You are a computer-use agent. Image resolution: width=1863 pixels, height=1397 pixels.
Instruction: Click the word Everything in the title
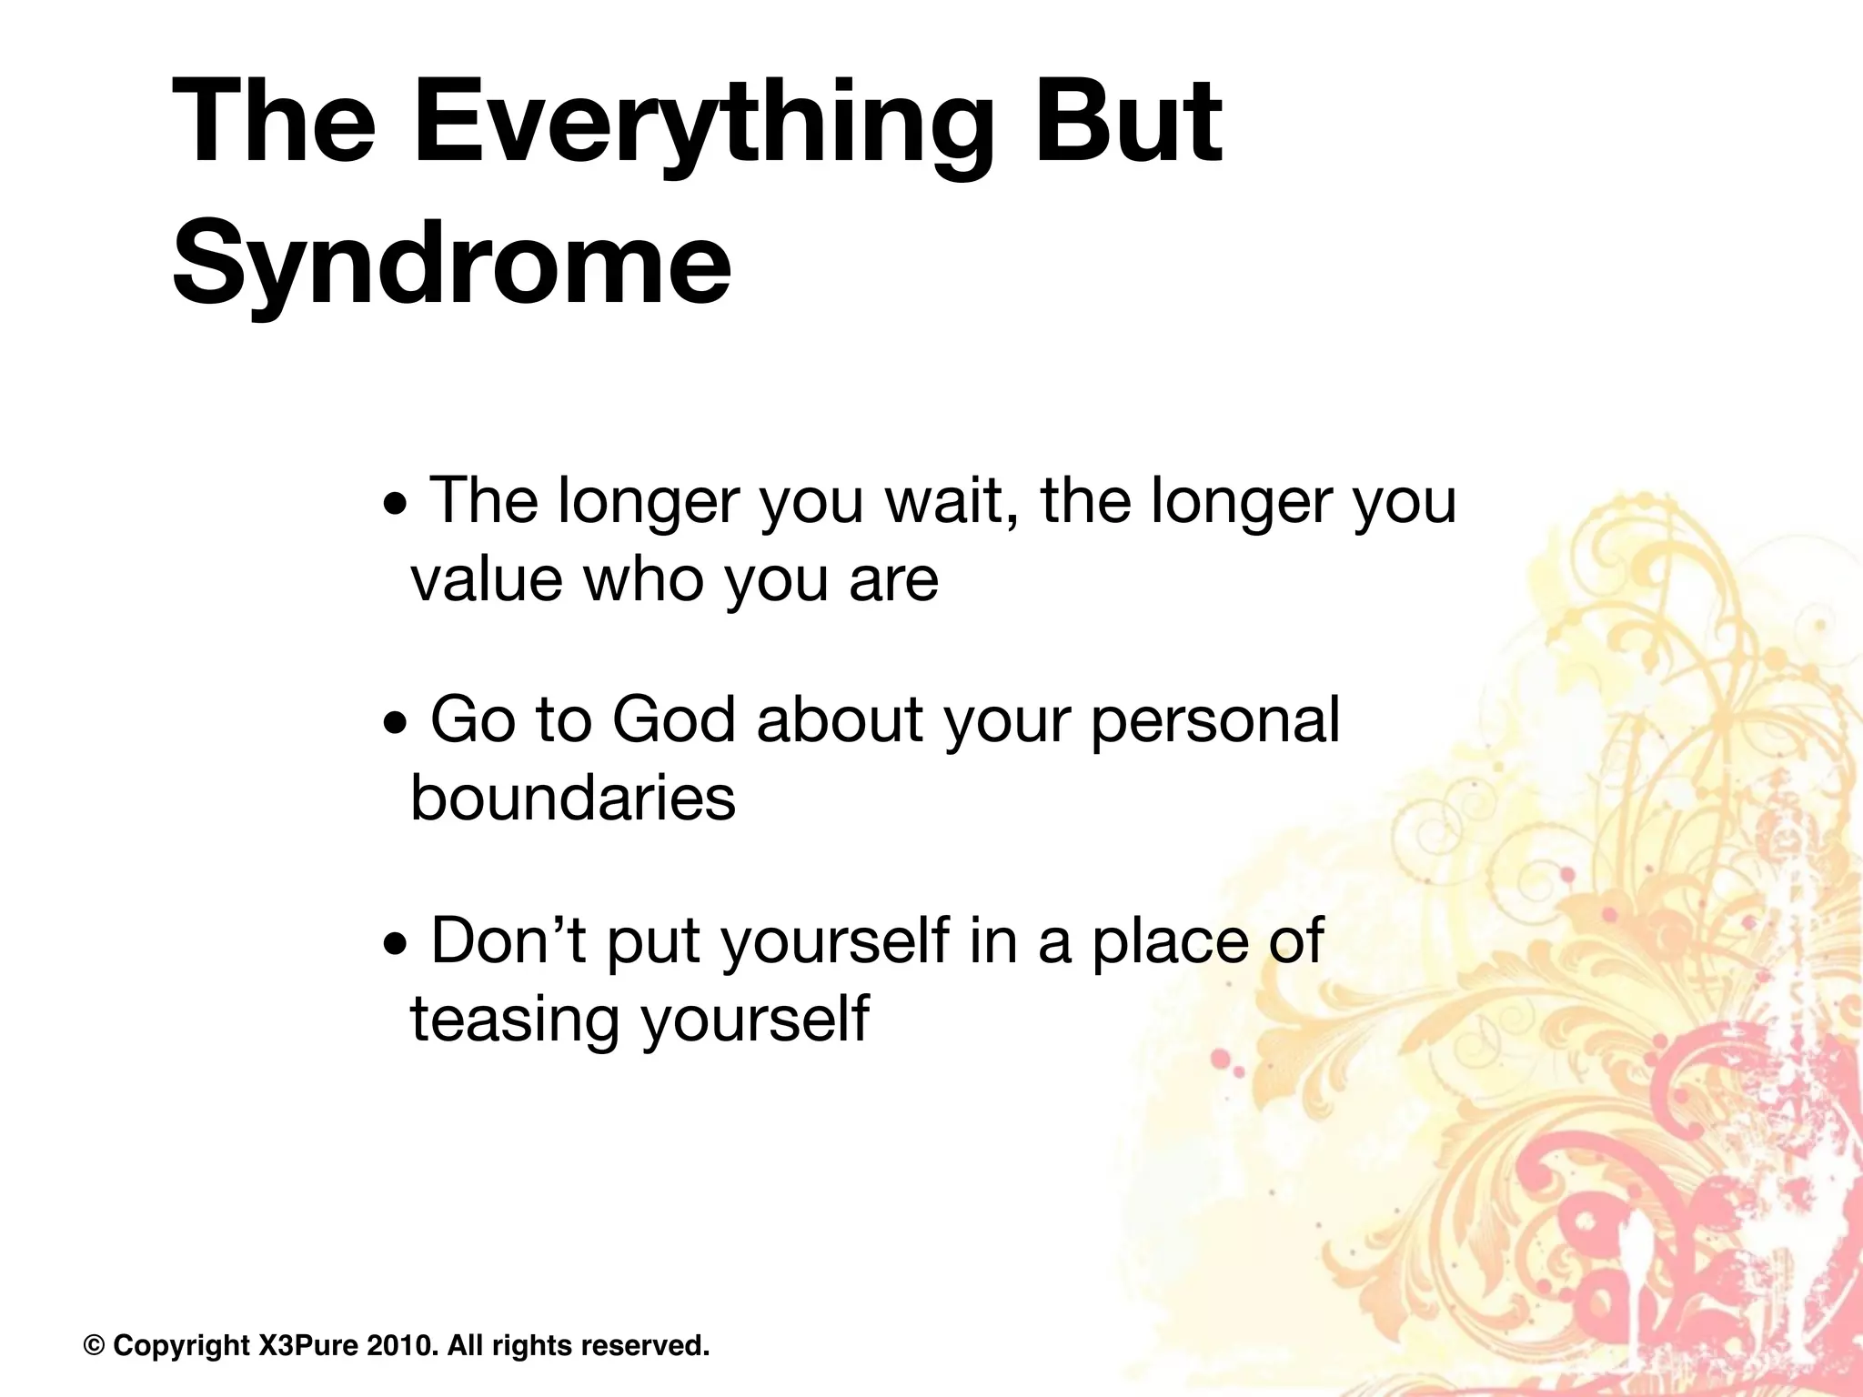point(702,123)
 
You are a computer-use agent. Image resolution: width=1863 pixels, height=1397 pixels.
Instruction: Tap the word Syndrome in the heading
point(451,264)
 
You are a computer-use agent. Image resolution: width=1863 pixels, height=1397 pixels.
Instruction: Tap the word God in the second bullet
point(673,720)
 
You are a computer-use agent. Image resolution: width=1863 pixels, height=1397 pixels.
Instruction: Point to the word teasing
point(514,1020)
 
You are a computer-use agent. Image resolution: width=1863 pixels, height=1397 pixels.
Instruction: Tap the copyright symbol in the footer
point(94,1345)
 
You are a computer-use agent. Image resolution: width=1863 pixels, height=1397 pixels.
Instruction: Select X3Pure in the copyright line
point(308,1345)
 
